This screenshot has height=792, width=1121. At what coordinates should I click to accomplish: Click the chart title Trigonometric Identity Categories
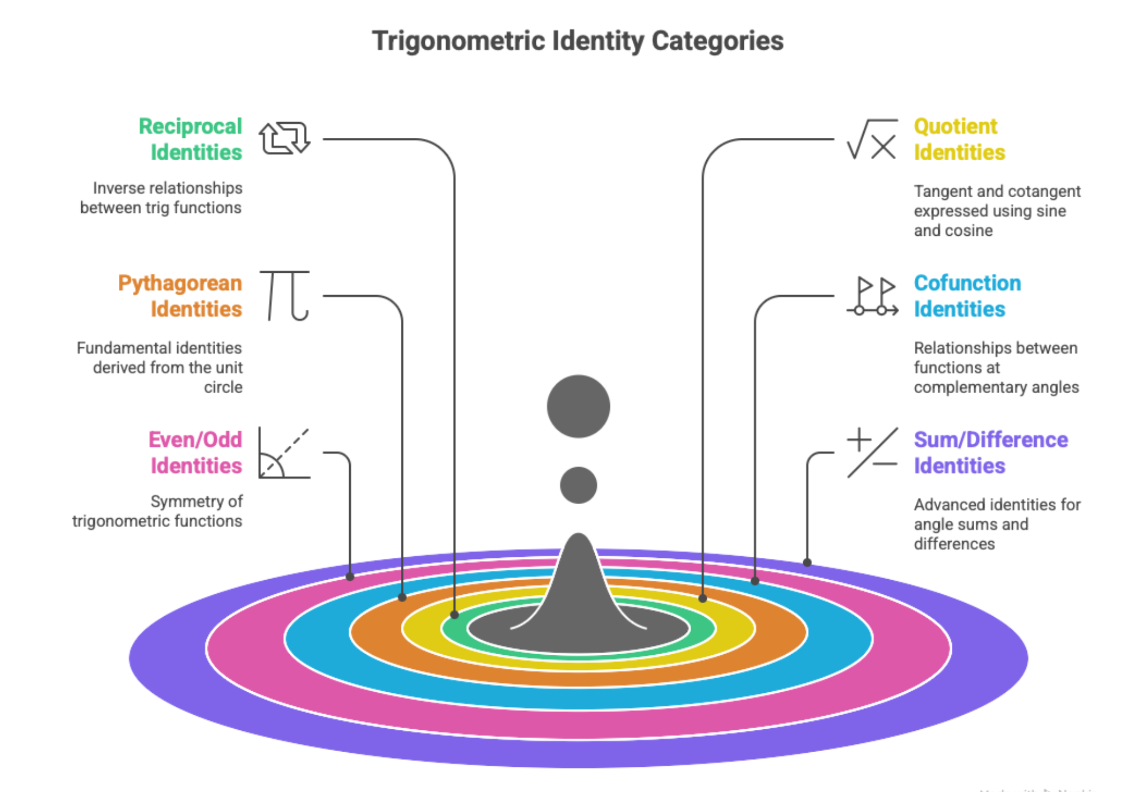pyautogui.click(x=577, y=41)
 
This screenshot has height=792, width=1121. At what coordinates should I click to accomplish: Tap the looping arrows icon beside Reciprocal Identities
pyautogui.click(x=284, y=138)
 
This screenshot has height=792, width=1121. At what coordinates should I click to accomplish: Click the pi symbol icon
pyautogui.click(x=285, y=295)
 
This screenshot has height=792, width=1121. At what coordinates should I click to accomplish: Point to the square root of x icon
pyautogui.click(x=873, y=139)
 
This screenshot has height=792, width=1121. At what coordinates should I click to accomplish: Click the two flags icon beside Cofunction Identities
pyautogui.click(x=873, y=296)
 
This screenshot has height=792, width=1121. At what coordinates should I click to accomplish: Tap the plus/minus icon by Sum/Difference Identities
pyautogui.click(x=873, y=453)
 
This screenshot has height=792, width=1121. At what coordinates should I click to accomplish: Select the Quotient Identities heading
pyautogui.click(x=959, y=139)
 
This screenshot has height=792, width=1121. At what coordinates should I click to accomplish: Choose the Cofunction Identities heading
pyautogui.click(x=967, y=296)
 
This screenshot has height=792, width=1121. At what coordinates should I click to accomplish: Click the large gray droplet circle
pyautogui.click(x=578, y=406)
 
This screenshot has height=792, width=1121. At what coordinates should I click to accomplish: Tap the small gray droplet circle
pyautogui.click(x=578, y=485)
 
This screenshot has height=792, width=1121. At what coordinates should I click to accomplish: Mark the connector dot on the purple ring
pyautogui.click(x=807, y=562)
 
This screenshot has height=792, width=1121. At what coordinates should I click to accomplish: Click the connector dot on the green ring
pyautogui.click(x=455, y=614)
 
